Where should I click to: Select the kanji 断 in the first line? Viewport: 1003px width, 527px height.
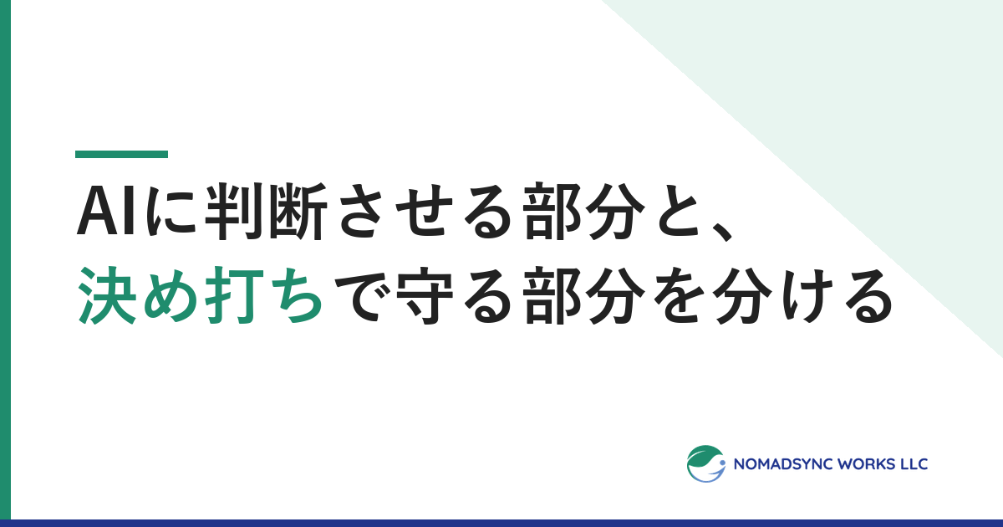(x=299, y=212)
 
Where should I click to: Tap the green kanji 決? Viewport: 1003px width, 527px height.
(x=108, y=294)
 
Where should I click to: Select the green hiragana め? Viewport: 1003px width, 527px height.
(x=171, y=294)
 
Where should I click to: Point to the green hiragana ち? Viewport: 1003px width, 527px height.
(x=298, y=294)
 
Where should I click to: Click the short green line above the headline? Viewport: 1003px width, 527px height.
(x=121, y=154)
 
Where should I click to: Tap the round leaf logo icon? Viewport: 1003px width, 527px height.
(x=706, y=463)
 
